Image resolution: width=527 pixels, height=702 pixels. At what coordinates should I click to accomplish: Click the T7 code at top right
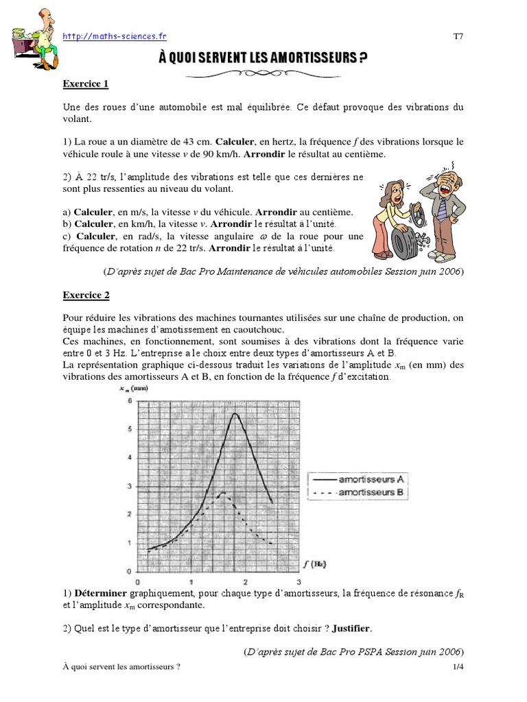coord(458,36)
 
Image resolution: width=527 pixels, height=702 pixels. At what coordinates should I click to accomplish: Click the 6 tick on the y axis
coord(129,401)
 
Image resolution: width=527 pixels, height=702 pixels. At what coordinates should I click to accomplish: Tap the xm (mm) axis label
coord(134,388)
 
